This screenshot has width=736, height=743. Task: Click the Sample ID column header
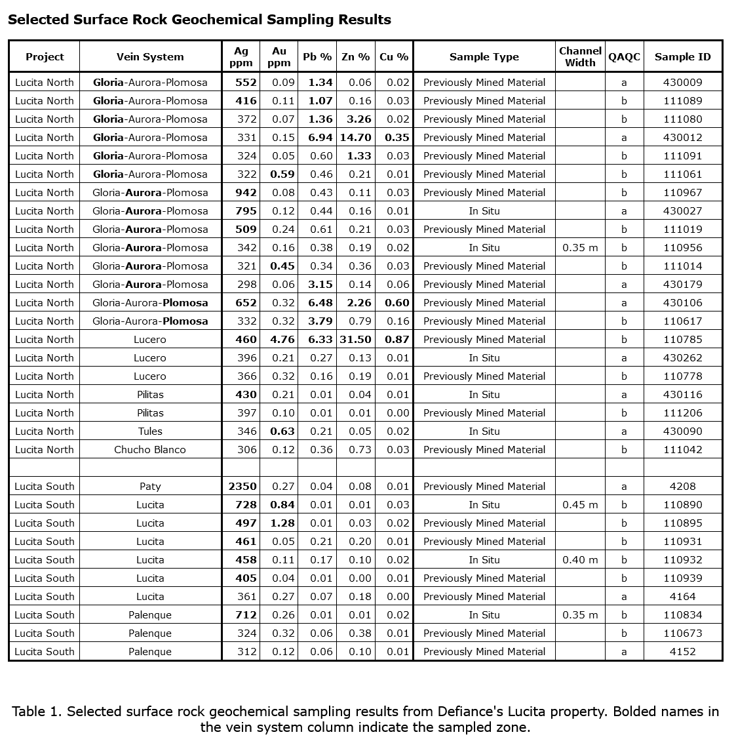point(682,57)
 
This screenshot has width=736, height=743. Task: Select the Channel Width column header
point(580,57)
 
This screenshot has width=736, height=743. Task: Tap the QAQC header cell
point(624,57)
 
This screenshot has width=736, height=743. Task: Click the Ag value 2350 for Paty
point(242,487)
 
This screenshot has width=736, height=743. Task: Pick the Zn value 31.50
point(356,340)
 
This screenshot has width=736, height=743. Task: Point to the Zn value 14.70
point(356,138)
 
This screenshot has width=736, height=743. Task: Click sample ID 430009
point(682,83)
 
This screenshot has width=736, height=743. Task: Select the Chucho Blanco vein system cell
point(150,450)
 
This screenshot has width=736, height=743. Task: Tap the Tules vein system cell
point(150,432)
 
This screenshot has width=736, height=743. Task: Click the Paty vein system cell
point(150,487)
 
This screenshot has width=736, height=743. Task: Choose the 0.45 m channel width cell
point(580,505)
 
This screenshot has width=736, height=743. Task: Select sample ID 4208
point(682,487)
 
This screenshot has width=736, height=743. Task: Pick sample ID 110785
point(682,340)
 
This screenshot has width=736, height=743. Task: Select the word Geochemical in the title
point(216,20)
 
